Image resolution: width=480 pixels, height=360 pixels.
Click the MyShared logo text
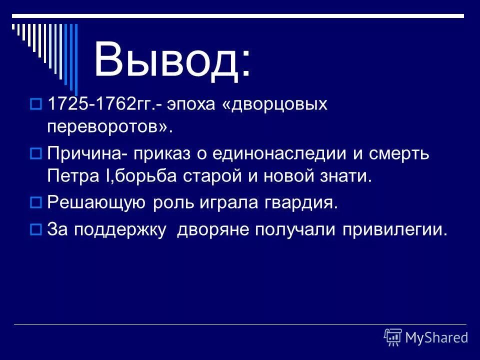(x=436, y=337)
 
